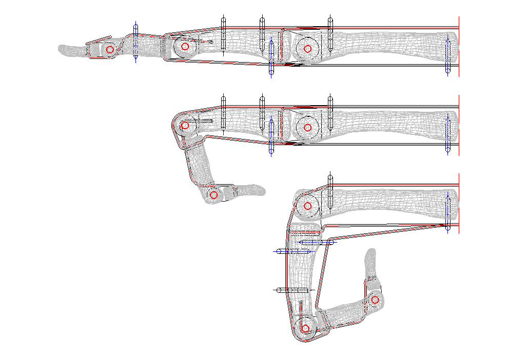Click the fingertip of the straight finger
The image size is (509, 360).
pos(62,50)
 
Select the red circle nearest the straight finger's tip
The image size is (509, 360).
pos(110,50)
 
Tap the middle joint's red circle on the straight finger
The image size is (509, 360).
pos(185,47)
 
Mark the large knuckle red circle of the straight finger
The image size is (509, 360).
pos(307,49)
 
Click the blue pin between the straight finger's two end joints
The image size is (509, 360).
pos(135,43)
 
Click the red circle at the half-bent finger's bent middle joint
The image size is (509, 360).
pos(185,125)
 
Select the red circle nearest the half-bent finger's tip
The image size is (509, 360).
pos(214,195)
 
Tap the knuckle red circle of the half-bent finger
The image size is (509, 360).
pos(307,128)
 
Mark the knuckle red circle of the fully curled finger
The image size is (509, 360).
pos(308,206)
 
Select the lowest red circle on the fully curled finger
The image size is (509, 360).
pos(305,328)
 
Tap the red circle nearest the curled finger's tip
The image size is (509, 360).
pos(375,299)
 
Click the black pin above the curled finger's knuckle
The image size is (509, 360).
pos(330,190)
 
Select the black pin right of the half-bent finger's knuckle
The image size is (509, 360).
pos(330,112)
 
